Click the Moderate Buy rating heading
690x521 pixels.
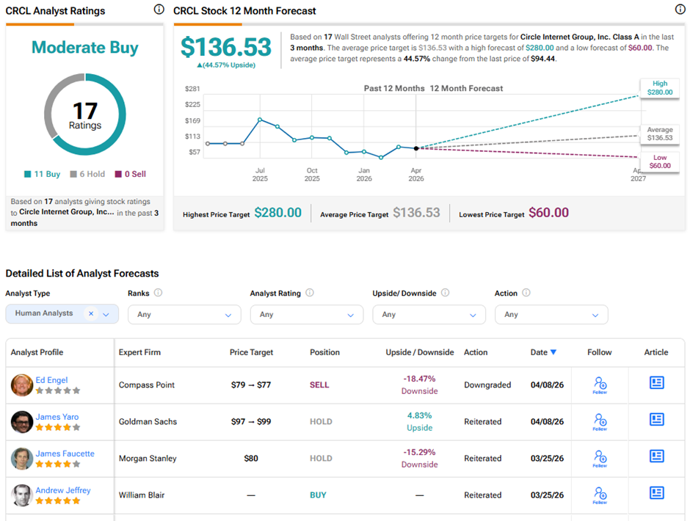85,48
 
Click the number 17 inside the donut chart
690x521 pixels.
85,112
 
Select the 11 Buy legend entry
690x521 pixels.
43,175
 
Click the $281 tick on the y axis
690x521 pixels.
192,89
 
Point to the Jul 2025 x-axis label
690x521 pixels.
260,174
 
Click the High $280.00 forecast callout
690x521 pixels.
659,88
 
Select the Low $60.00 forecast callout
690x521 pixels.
659,161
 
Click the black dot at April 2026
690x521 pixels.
416,148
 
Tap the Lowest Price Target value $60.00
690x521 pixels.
548,213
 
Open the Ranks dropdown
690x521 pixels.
184,314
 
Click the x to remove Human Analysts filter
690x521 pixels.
91,313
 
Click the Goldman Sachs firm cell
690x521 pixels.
148,422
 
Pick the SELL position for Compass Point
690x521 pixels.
319,385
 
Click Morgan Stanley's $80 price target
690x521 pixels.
251,459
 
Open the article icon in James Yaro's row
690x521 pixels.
656,420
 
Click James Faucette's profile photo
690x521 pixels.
22,459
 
